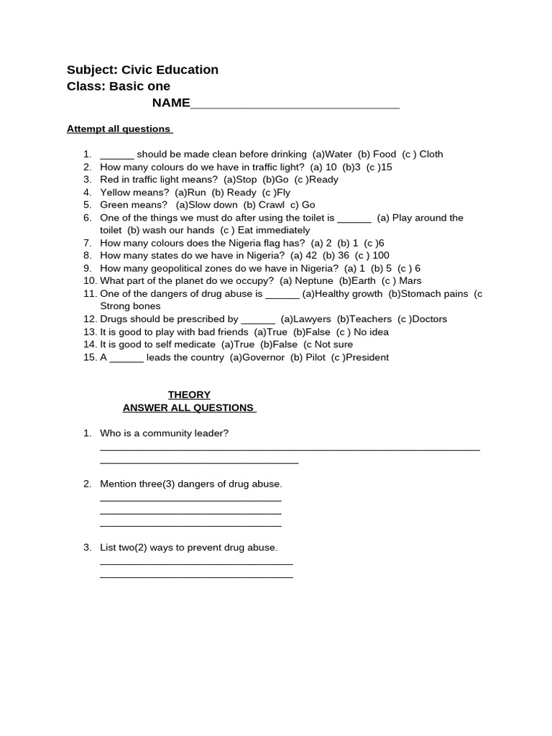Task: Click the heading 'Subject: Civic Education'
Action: tap(142, 70)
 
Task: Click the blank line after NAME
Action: tap(295, 105)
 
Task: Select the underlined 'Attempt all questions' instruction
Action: tap(119, 129)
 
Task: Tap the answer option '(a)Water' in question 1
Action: tap(332, 154)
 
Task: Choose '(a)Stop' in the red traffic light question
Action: tap(240, 180)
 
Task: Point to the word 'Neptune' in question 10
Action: tap(312, 281)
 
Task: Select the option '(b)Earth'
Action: tap(357, 281)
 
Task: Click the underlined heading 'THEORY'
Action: tap(189, 395)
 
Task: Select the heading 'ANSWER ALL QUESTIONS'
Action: tap(189, 408)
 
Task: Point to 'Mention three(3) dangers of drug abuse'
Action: tap(191, 484)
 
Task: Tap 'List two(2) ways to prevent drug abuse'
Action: tap(188, 548)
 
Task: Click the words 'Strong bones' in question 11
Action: tap(130, 306)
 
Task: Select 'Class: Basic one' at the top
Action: tap(119, 86)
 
